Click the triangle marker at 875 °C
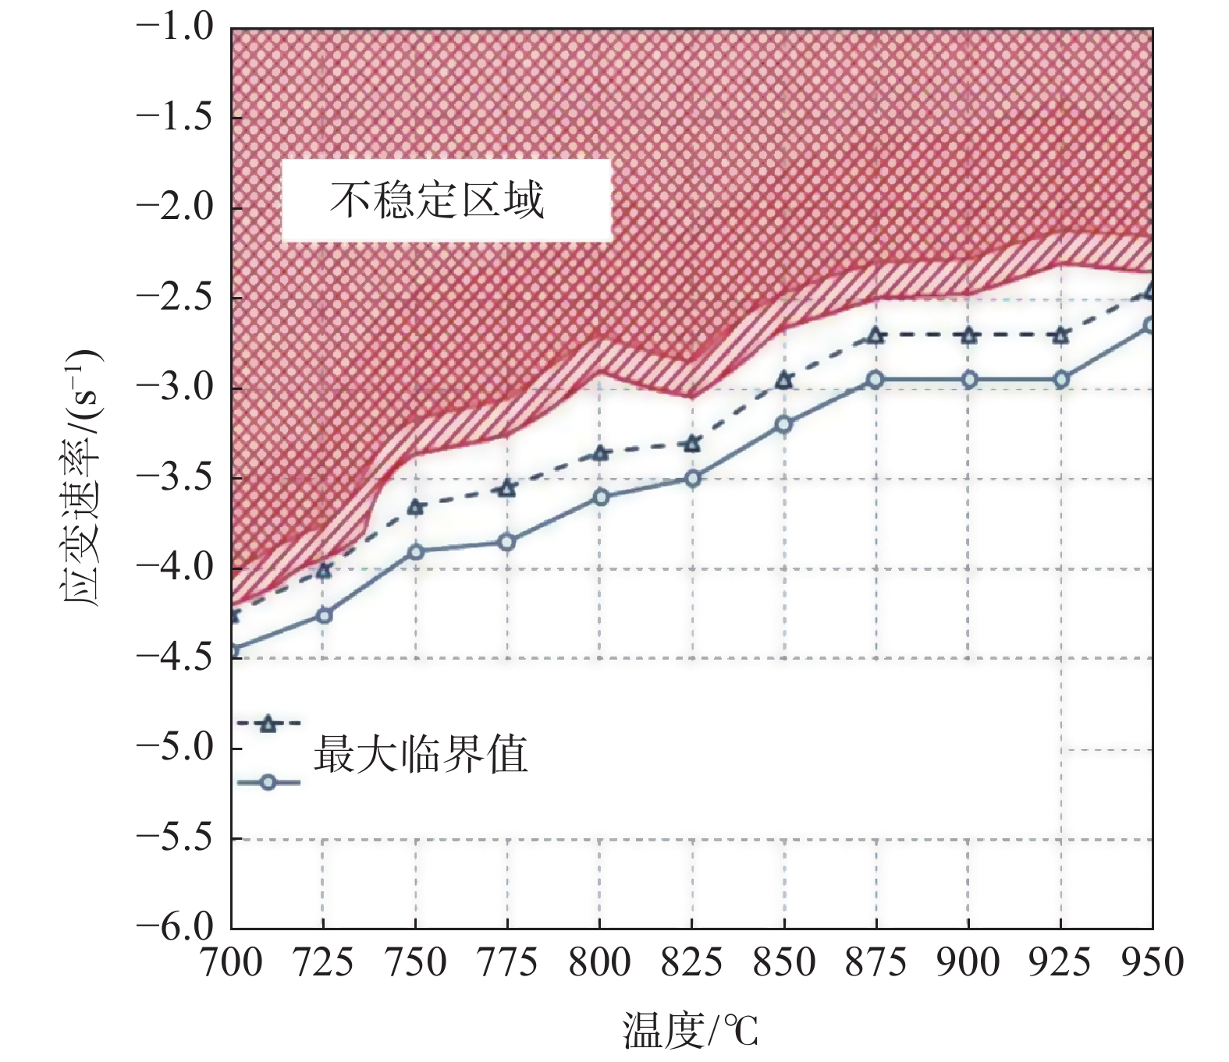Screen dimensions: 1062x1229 pyautogui.click(x=876, y=336)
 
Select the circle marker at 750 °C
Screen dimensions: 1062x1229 pyautogui.click(x=415, y=552)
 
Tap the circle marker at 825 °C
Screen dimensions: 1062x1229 pyautogui.click(x=692, y=479)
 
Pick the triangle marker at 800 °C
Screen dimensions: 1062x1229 pyautogui.click(x=600, y=453)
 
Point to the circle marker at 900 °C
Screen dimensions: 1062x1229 pyautogui.click(x=968, y=381)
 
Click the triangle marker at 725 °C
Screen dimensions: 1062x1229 pyautogui.click(x=324, y=571)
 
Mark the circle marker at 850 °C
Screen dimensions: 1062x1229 pyautogui.click(x=784, y=424)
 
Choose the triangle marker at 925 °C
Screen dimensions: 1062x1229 pyautogui.click(x=1060, y=336)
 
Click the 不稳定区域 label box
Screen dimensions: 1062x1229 pyautogui.click(x=446, y=200)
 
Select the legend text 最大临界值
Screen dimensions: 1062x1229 pyautogui.click(x=421, y=754)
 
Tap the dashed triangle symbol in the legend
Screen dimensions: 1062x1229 pyautogui.click(x=268, y=724)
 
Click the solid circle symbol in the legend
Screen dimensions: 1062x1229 pyautogui.click(x=268, y=782)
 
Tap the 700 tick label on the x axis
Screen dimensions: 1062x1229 pyautogui.click(x=232, y=963)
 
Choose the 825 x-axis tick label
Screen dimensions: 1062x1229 pyautogui.click(x=692, y=963)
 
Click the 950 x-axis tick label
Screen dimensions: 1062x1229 pyautogui.click(x=1153, y=963)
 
